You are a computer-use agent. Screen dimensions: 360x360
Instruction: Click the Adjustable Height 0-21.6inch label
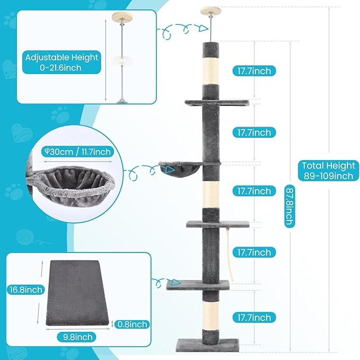point(62,62)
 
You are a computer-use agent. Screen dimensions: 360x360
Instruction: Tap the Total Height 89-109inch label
point(329,171)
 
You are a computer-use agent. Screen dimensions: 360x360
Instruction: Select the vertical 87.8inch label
point(289,206)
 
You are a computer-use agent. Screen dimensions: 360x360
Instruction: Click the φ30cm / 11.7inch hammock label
point(77,152)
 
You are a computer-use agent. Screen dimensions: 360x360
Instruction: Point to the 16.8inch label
point(26,289)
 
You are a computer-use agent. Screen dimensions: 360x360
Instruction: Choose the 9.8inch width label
point(77,337)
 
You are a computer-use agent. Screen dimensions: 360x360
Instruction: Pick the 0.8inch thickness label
point(132,324)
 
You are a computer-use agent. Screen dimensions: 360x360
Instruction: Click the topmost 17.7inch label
point(254,71)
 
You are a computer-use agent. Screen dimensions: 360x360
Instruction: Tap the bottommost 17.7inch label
point(254,318)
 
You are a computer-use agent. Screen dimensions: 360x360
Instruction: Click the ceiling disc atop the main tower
point(210,11)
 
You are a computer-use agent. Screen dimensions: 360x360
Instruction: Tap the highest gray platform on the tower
point(217,103)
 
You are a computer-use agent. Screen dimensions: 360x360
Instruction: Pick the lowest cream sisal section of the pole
point(210,315)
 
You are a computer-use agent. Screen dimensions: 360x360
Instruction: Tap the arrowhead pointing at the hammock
point(170,170)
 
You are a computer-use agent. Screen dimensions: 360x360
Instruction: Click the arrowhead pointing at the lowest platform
point(177,282)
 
